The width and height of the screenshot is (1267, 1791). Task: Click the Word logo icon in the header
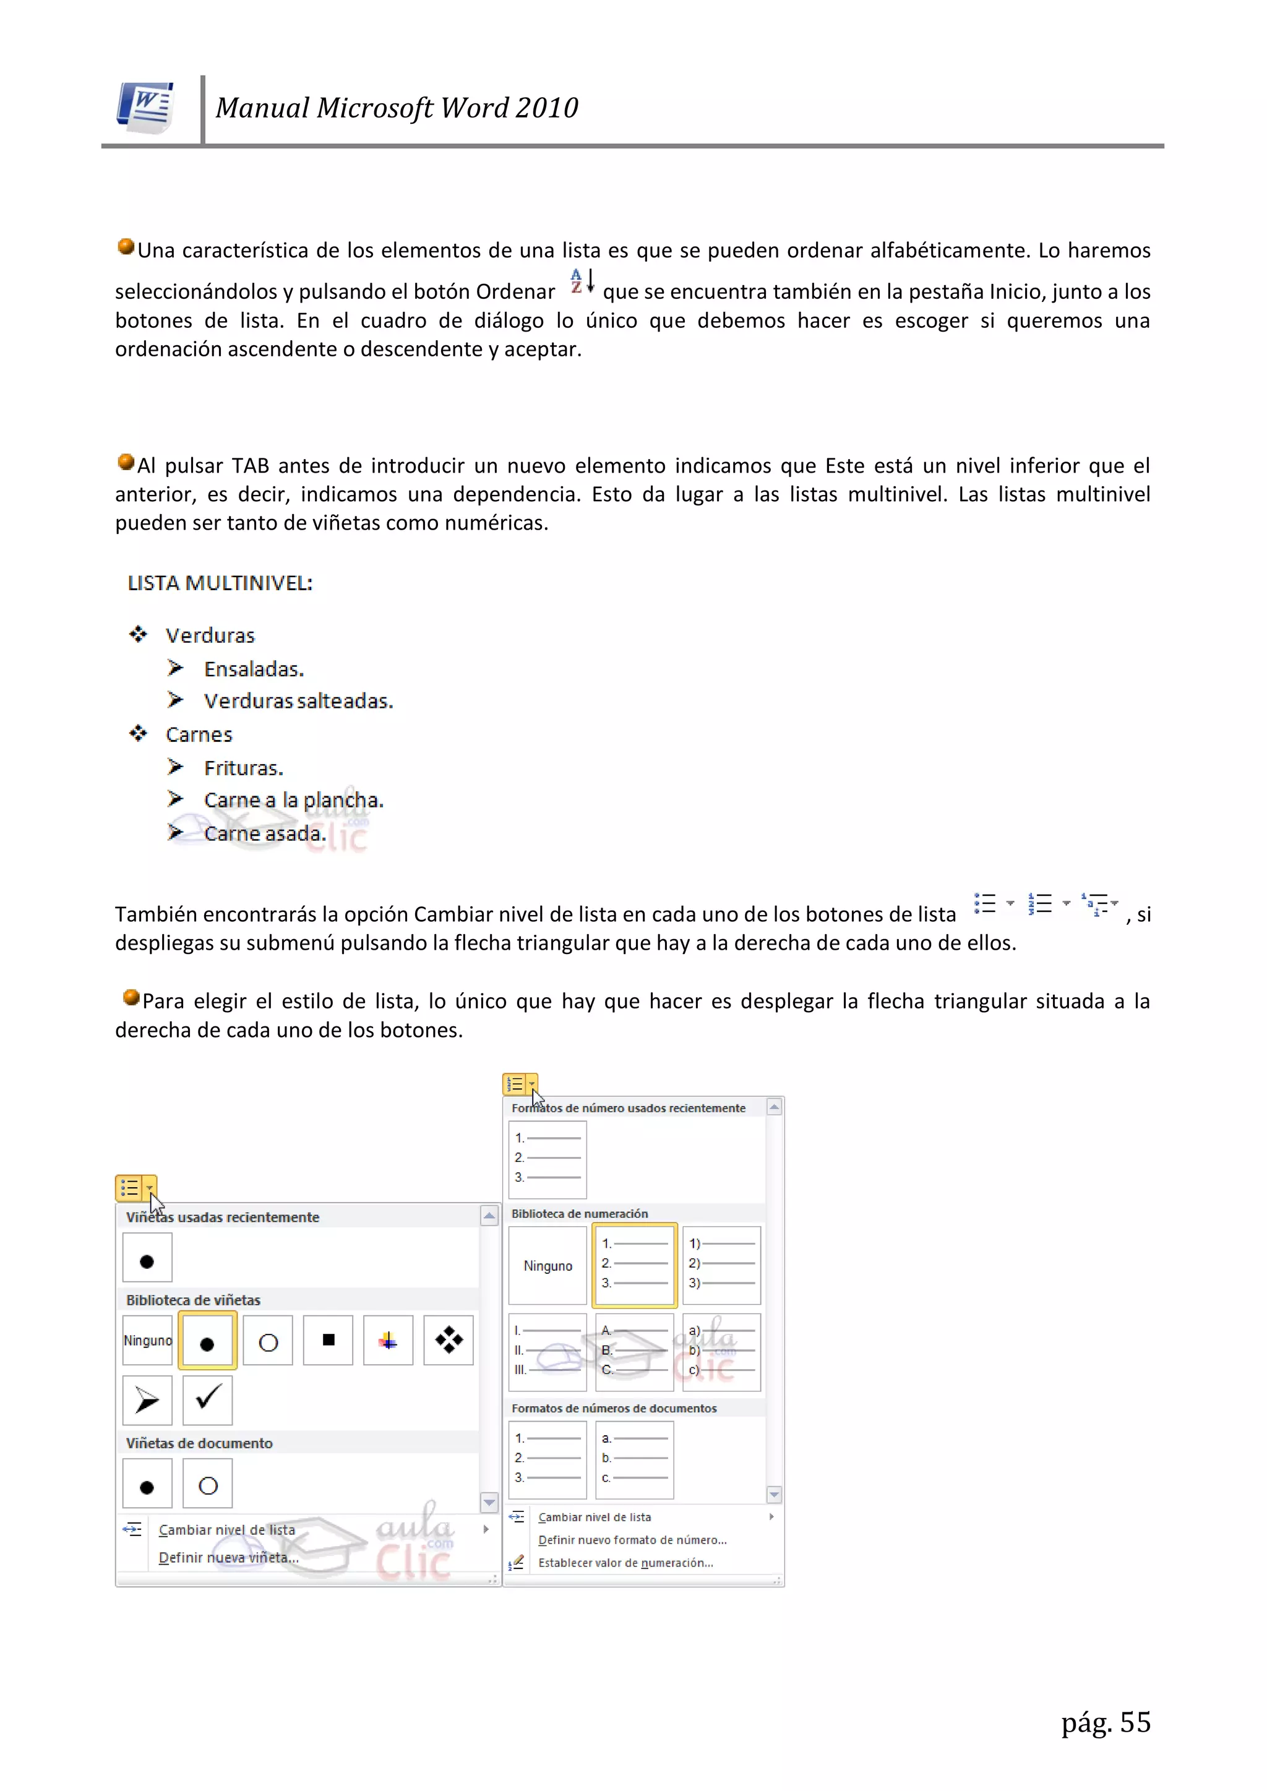146,108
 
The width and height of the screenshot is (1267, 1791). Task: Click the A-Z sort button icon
582,281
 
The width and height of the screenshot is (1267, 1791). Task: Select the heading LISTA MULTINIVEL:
220,583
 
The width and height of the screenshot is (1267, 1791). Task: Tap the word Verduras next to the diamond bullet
210,636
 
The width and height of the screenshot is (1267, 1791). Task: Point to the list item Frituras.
243,768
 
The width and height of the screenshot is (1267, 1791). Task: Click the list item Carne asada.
265,834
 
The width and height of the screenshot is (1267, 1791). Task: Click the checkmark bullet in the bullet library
207,1400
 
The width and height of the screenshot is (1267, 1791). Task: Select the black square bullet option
329,1340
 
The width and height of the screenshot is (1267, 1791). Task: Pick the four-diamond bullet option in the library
449,1340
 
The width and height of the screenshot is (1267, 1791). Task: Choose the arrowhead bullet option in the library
147,1400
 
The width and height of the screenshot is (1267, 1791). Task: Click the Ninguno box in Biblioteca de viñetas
147,1340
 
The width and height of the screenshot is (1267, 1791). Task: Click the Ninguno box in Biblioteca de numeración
548,1265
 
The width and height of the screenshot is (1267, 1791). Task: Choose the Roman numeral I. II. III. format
548,1351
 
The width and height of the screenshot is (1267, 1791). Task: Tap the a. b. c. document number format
634,1458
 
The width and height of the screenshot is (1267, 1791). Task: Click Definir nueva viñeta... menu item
228,1558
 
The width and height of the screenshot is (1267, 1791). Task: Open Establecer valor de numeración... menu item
625,1563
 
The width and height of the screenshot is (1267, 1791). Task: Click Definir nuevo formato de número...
632,1540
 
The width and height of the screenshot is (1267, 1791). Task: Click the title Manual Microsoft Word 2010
397,108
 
